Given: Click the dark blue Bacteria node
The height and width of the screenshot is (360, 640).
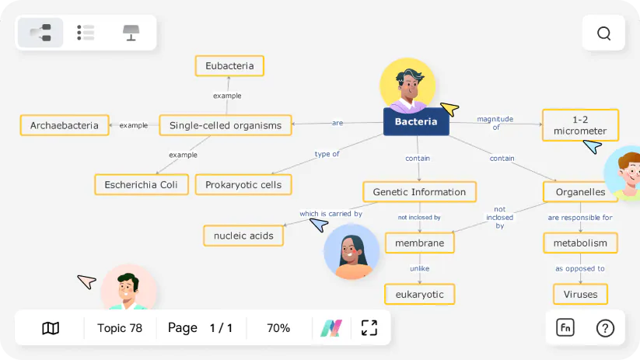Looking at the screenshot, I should tap(416, 121).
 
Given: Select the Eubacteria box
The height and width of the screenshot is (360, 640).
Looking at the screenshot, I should tap(229, 66).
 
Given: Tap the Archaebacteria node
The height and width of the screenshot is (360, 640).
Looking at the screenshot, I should tap(65, 125).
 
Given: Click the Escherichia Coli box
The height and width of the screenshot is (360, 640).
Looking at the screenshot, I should tap(142, 185).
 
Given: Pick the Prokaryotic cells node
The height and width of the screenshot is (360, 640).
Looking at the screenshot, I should tap(243, 185).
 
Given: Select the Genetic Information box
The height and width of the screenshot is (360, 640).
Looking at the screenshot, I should tap(419, 192).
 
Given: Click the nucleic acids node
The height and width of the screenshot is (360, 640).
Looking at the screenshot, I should tap(243, 236).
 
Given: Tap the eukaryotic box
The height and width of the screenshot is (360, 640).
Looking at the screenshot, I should tap(419, 295).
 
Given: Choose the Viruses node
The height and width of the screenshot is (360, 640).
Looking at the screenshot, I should tap(580, 295).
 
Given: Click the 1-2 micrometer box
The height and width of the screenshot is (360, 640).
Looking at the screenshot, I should tap(580, 125).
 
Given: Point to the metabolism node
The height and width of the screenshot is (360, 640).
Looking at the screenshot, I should tap(580, 243).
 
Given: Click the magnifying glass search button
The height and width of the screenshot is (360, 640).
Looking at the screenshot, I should tap(604, 33).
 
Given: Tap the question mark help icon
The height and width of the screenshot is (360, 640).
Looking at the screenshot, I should tap(605, 328).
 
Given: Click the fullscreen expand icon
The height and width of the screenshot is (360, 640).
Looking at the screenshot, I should tap(369, 328).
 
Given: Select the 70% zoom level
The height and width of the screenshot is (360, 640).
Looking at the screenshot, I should tap(278, 328).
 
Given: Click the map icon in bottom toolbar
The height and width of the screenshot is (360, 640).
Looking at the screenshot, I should tap(51, 328).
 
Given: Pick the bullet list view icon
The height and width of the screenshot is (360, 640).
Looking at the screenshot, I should tap(86, 33).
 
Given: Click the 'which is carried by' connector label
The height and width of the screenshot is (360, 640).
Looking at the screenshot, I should tap(330, 214).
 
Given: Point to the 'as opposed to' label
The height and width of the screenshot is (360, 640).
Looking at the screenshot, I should tap(580, 269).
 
